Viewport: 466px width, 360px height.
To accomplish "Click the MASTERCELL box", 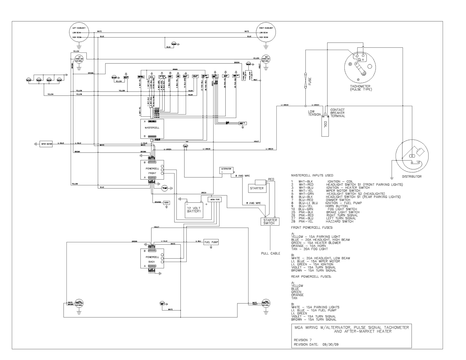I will [152, 129].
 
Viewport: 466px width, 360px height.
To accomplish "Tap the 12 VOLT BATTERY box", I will [194, 210].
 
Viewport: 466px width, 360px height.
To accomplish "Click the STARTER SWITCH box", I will [270, 221].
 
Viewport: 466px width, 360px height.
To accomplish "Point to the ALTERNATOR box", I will [226, 170].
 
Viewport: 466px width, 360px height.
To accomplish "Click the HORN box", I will [166, 202].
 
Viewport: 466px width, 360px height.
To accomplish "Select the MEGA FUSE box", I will [214, 199].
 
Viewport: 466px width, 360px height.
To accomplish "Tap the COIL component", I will [325, 125].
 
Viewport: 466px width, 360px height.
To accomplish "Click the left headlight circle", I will [79, 32].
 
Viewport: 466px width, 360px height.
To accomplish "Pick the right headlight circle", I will [266, 32].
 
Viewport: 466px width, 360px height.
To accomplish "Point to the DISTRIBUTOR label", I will [411, 177].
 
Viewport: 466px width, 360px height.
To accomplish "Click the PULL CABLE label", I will [271, 253].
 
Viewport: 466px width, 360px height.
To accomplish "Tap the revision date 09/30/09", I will [328, 345].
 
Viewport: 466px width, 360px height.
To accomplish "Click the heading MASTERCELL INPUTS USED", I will [312, 175].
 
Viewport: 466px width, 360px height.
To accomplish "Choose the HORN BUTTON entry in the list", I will [334, 206].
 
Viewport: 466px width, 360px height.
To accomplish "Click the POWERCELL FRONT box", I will [152, 170].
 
